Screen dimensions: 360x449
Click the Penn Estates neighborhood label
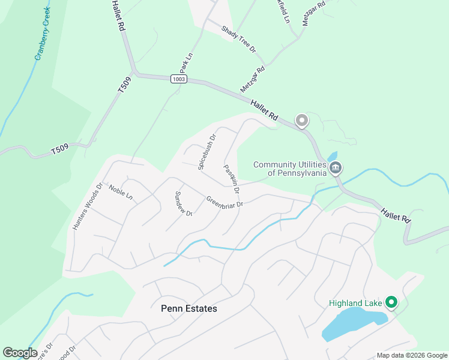(189, 308)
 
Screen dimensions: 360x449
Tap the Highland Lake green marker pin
(392, 302)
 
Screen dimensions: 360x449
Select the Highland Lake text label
(355, 303)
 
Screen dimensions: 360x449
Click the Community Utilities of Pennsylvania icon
(336, 167)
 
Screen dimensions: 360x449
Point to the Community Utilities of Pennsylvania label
(289, 169)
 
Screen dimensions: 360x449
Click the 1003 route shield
(178, 79)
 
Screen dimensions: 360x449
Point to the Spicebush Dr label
(206, 151)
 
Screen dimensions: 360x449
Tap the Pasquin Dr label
(232, 178)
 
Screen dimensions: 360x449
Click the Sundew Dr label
(182, 204)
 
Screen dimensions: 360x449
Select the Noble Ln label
(120, 191)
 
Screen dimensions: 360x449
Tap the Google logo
(20, 353)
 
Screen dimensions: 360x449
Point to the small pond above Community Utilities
(333, 157)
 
